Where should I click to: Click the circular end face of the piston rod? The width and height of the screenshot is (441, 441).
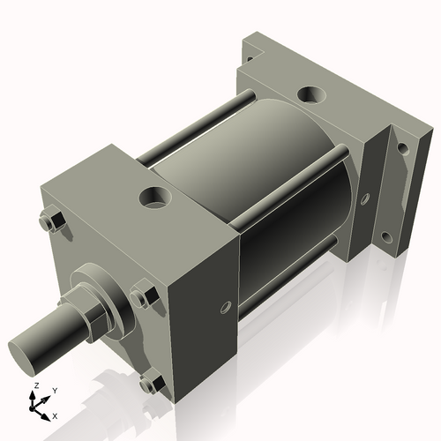pyautogui.click(x=26, y=354)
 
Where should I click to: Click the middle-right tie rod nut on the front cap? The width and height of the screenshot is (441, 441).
pyautogui.click(x=144, y=295)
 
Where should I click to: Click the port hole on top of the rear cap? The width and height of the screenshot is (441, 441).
pyautogui.click(x=311, y=94)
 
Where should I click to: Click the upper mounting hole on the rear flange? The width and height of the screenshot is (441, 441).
pyautogui.click(x=403, y=148)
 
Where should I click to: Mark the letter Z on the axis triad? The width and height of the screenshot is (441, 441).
pyautogui.click(x=35, y=386)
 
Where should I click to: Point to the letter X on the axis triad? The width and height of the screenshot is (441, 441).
pyautogui.click(x=56, y=415)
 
